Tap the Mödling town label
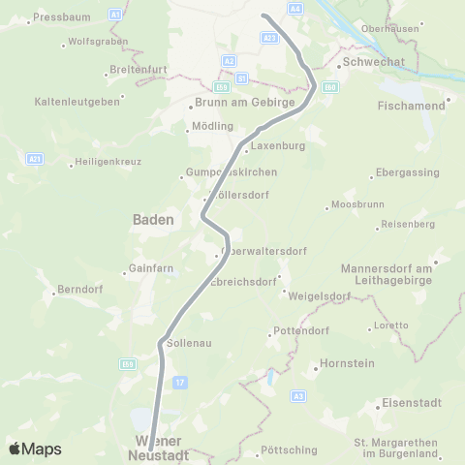(214, 127)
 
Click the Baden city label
(153, 220)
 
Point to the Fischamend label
(413, 104)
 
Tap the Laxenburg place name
(278, 146)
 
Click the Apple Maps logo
(35, 449)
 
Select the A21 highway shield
(35, 158)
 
